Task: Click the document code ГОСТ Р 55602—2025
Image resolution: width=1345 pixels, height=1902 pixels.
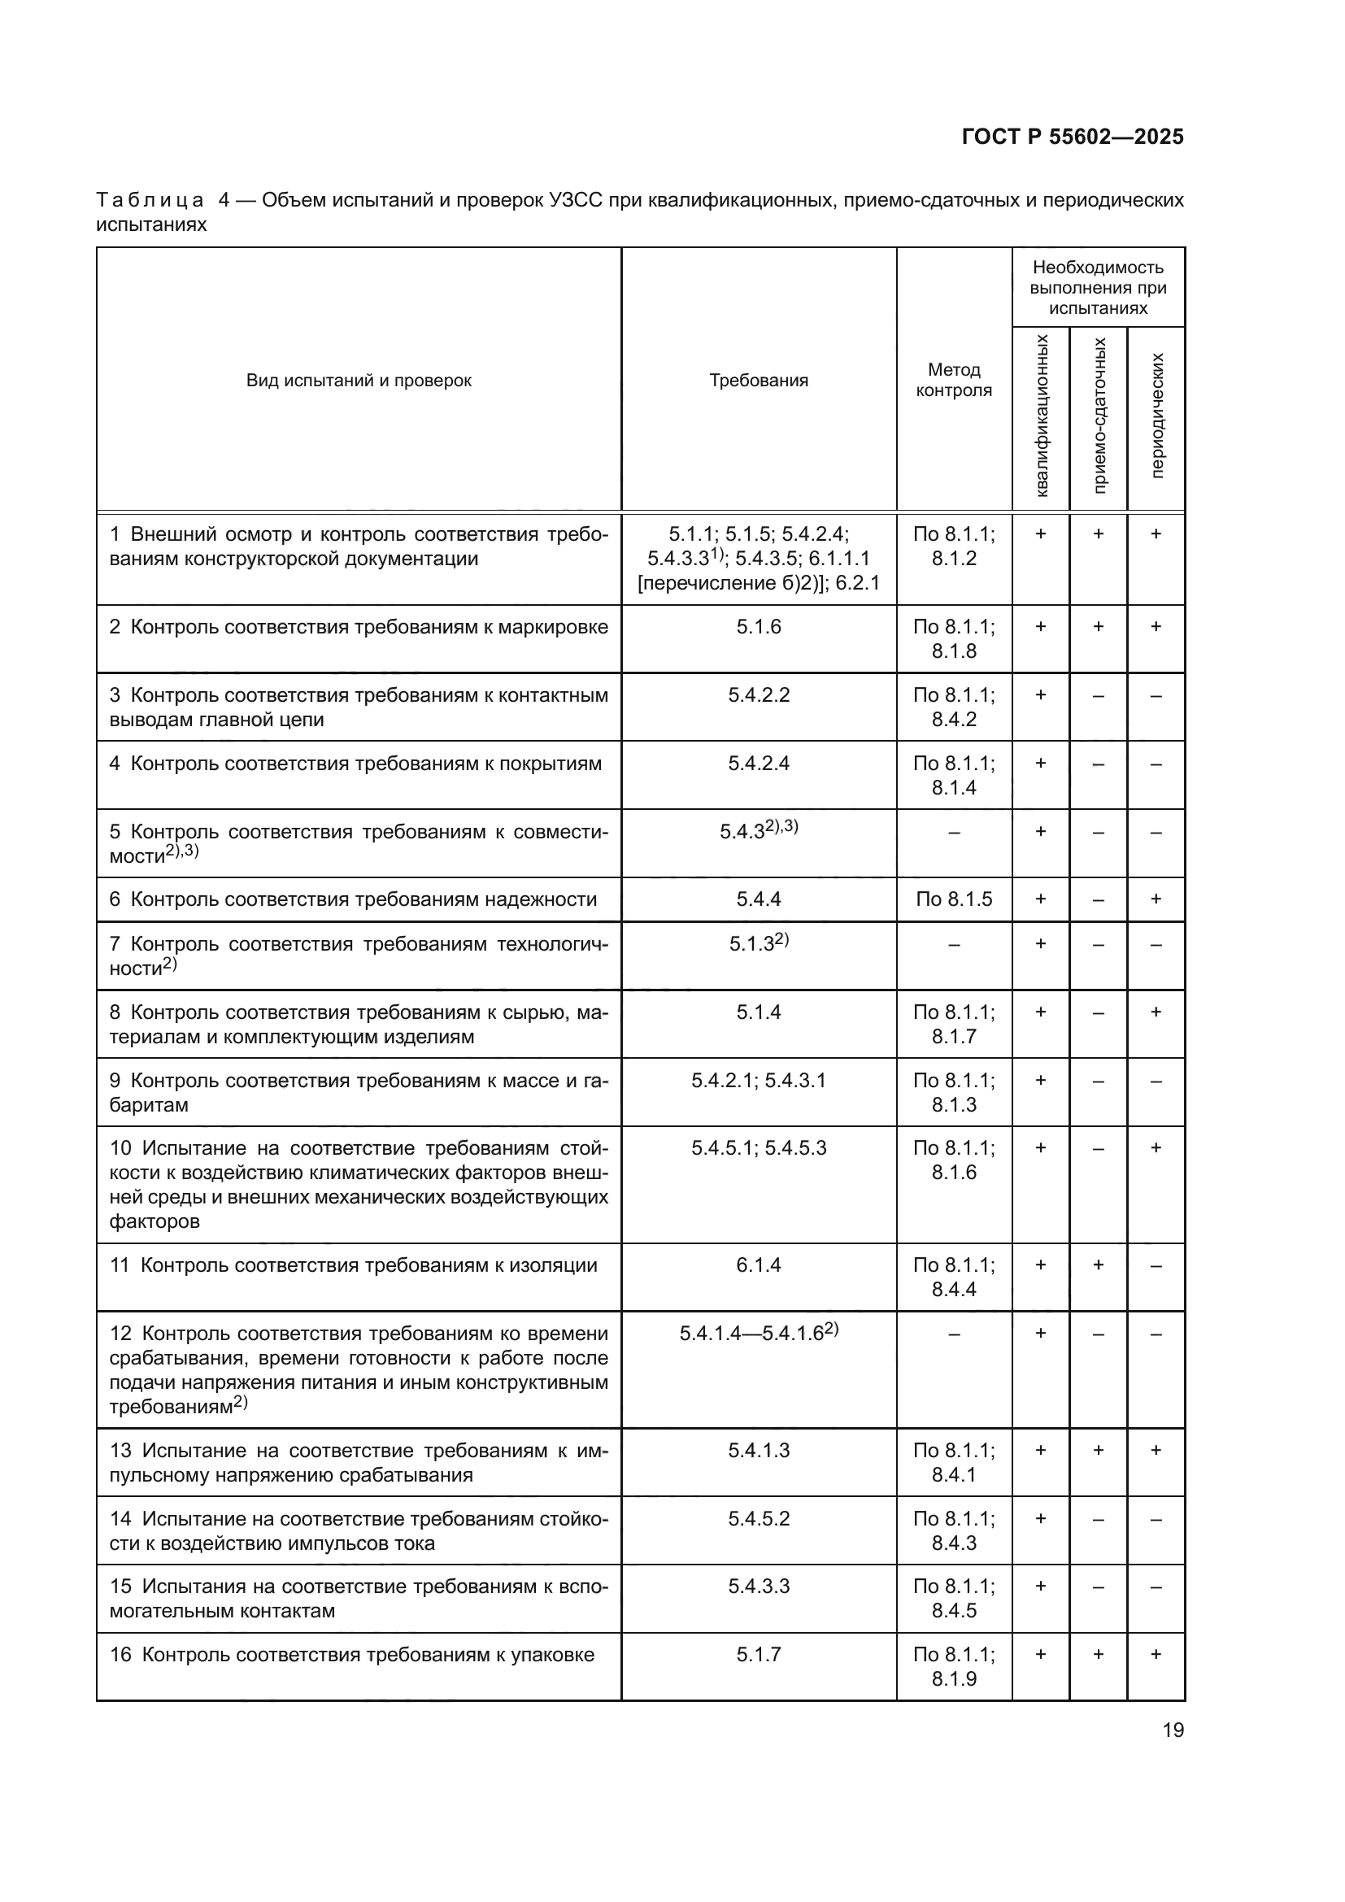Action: tap(1073, 137)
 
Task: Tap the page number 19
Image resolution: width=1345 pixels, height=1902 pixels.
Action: tap(1173, 1730)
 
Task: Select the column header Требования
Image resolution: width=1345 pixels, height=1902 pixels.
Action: tap(758, 381)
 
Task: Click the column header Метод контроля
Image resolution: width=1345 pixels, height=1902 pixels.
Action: tap(953, 381)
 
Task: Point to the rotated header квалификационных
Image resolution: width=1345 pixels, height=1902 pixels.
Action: tap(1041, 416)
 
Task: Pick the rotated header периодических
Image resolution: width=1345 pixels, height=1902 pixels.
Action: tap(1157, 416)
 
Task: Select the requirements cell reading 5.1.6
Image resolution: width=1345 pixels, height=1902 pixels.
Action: tap(758, 627)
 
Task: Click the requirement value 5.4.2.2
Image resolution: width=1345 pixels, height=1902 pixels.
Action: tap(758, 695)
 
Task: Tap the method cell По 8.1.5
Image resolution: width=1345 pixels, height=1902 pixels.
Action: tap(953, 899)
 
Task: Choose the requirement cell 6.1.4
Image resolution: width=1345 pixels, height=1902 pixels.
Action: tap(758, 1265)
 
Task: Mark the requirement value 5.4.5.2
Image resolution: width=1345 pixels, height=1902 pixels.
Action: tap(758, 1518)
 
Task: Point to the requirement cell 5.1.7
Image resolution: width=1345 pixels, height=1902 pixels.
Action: tap(758, 1654)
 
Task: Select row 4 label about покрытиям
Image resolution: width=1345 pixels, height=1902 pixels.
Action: tap(355, 763)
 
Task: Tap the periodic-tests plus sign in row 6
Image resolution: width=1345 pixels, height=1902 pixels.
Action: tap(1156, 899)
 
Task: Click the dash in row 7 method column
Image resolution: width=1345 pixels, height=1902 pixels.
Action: tap(953, 944)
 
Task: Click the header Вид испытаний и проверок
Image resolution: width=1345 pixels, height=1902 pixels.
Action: tap(359, 381)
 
